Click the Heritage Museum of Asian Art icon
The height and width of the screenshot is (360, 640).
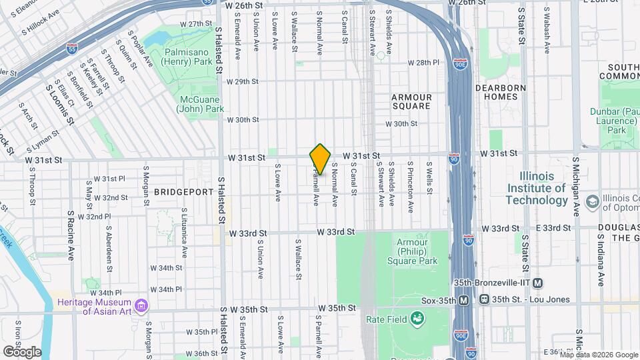coord(141,307)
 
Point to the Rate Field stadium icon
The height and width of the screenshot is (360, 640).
coord(417,321)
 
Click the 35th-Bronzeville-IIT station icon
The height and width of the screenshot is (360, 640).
coord(537,282)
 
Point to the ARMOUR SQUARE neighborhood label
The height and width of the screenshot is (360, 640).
coord(411,101)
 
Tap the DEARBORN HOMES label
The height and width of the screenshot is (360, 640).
coord(501,92)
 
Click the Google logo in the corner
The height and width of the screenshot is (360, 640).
coord(22,351)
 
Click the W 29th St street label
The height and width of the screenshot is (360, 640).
coord(242,82)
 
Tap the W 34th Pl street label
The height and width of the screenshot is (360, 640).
coord(166,289)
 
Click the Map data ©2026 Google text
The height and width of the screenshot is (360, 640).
coord(599,355)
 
